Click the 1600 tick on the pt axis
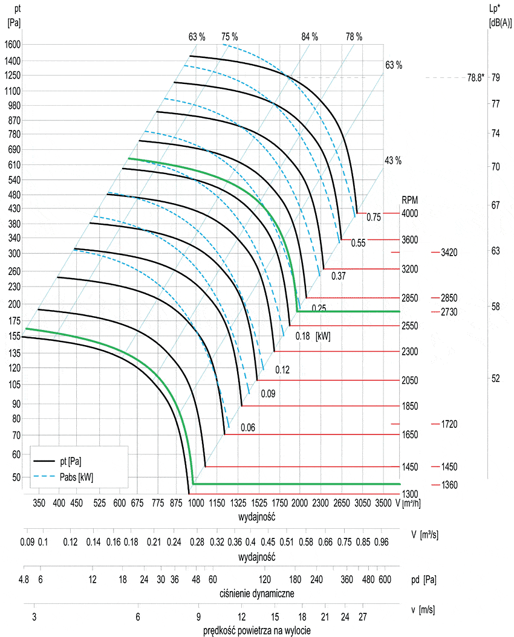click(x=13, y=44)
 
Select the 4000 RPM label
click(x=410, y=213)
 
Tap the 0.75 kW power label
click(x=373, y=218)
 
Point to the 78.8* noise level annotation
click(x=476, y=77)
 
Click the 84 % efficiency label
click(x=309, y=37)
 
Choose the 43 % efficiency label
click(x=393, y=161)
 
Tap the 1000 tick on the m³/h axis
click(x=197, y=503)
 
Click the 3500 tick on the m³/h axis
click(x=383, y=503)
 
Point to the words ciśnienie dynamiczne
click(x=257, y=593)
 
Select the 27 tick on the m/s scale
click(x=362, y=616)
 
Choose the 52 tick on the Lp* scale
click(x=495, y=378)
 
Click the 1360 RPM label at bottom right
click(x=449, y=485)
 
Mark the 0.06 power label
click(x=248, y=428)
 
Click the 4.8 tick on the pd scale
click(x=24, y=580)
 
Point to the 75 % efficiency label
click(x=229, y=37)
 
